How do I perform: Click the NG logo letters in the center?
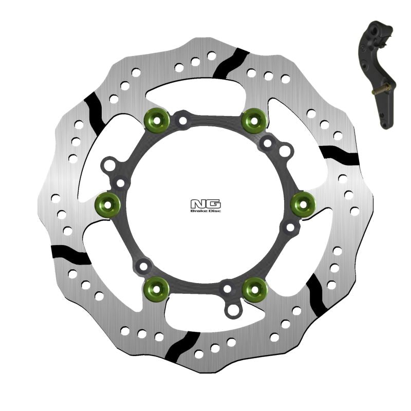206,203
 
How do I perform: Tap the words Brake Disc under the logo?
206,211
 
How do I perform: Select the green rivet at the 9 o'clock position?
108,204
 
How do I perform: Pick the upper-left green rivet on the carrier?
156,120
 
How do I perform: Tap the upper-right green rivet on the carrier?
254,120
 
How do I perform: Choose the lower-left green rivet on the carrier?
157,289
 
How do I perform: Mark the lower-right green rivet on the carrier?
254,289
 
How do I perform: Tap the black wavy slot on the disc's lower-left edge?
70,253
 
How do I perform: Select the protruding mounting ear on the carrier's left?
109,166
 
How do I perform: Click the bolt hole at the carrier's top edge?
182,121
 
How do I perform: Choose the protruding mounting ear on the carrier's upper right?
285,151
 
